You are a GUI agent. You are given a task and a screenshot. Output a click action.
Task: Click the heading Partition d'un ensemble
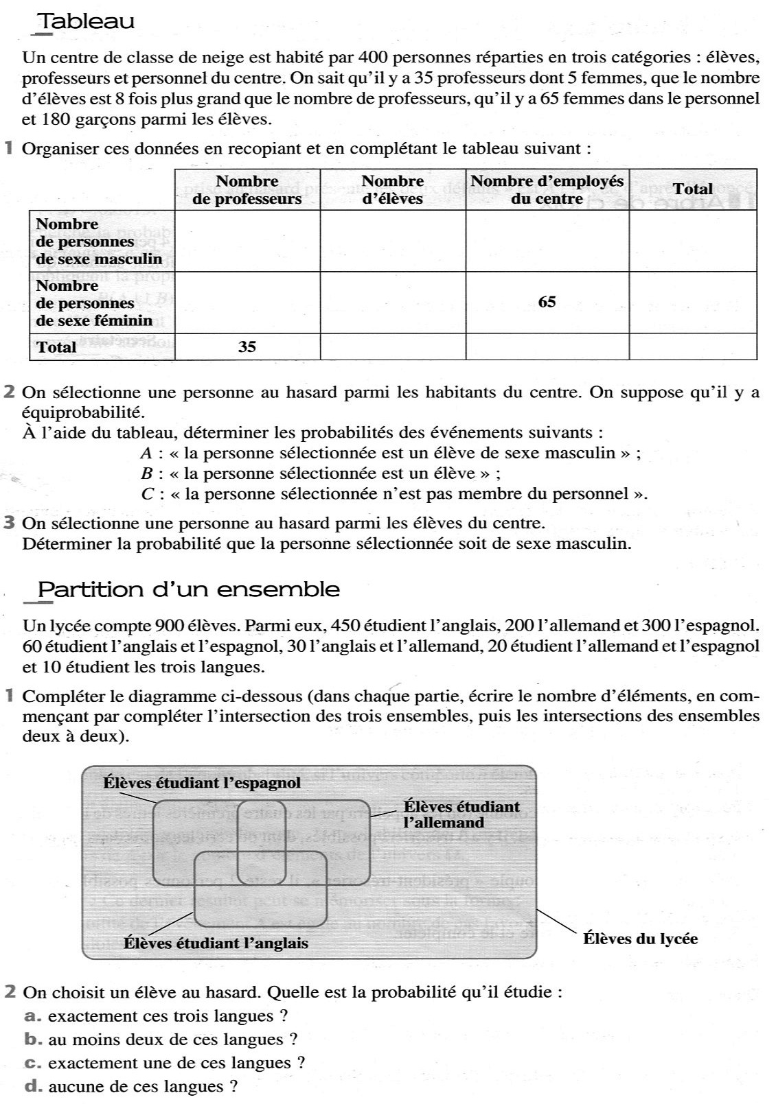click(x=188, y=589)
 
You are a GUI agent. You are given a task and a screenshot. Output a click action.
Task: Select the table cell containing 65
click(x=547, y=302)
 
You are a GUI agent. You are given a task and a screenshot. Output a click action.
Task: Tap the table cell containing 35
click(x=247, y=347)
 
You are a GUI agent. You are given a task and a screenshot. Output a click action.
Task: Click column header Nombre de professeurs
click(x=247, y=190)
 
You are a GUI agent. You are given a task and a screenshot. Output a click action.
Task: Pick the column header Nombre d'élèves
click(x=392, y=190)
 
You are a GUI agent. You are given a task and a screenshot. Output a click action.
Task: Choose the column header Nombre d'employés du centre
click(x=547, y=190)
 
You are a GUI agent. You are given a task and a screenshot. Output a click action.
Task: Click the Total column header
click(x=692, y=189)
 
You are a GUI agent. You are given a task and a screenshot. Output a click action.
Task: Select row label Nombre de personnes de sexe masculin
click(x=99, y=242)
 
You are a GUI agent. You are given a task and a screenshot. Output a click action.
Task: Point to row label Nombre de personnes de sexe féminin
click(x=94, y=303)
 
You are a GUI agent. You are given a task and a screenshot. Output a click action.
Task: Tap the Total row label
click(x=56, y=347)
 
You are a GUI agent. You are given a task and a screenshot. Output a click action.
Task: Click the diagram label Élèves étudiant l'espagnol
click(x=201, y=782)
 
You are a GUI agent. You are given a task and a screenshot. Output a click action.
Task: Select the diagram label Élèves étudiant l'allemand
click(x=461, y=814)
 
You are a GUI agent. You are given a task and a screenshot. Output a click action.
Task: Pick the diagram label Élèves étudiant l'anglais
click(x=216, y=943)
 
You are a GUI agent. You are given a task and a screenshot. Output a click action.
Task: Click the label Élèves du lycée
click(x=640, y=939)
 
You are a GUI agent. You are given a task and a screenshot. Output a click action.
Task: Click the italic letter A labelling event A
click(x=146, y=453)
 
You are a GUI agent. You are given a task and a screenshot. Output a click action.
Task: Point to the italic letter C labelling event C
click(x=146, y=494)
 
